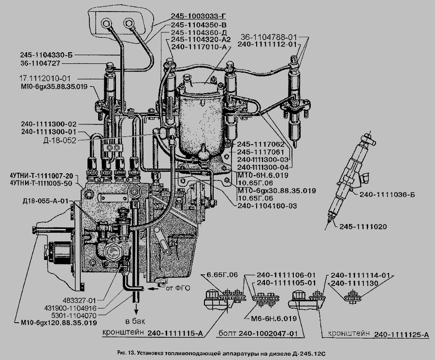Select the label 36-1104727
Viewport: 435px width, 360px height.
click(40, 63)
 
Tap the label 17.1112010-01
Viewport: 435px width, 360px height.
click(45, 78)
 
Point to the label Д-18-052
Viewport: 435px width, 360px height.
click(59, 140)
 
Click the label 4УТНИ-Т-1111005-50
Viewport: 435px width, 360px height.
click(41, 183)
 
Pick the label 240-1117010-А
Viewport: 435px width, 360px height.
click(200, 47)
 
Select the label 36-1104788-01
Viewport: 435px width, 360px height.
click(269, 37)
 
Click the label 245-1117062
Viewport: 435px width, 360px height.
click(261, 145)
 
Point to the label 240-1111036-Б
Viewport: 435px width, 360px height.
click(387, 195)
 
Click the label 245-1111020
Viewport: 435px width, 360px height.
click(363, 226)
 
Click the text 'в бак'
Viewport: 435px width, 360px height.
click(135, 322)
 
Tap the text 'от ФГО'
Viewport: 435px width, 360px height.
click(178, 288)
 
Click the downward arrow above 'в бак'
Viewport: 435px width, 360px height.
click(136, 308)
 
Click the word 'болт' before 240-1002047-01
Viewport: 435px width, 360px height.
click(227, 333)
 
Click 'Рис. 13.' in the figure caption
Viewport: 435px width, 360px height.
click(126, 354)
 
